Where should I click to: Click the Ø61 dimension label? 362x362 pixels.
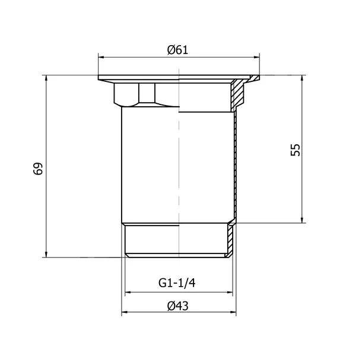(177, 50)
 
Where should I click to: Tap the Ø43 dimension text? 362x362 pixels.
(178, 306)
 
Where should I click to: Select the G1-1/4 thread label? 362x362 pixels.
(177, 283)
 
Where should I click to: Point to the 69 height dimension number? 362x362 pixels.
(38, 169)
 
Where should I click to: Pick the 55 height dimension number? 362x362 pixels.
(296, 150)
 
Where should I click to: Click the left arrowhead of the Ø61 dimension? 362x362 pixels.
(101, 57)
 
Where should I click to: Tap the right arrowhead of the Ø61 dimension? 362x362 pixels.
(256, 57)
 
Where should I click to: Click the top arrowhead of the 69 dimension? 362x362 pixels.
(46, 78)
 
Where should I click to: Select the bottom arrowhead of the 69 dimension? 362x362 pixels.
(46, 254)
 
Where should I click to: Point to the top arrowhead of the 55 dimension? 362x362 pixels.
(301, 78)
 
